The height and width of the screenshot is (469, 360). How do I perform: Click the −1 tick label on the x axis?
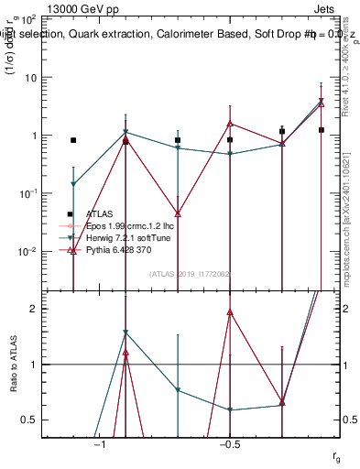[x=100, y=443]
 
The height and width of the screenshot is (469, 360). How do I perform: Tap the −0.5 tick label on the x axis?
[x=229, y=443]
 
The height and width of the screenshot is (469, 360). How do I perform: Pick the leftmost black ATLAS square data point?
[x=73, y=140]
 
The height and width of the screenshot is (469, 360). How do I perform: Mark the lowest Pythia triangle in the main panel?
[x=73, y=250]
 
